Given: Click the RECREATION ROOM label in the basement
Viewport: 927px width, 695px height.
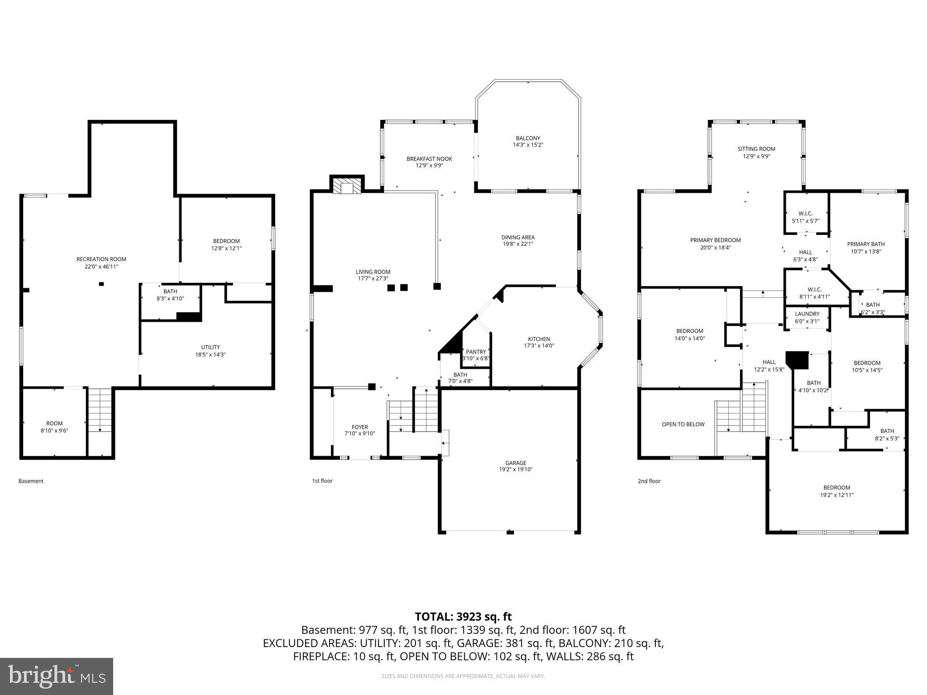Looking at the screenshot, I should (101, 259).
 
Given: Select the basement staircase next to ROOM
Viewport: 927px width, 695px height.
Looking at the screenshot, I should (100, 409).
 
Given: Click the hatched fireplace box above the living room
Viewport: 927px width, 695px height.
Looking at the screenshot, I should (347, 186).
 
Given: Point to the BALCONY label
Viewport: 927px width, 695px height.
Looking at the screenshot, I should (528, 138).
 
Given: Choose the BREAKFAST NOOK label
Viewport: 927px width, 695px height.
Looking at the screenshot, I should (429, 159).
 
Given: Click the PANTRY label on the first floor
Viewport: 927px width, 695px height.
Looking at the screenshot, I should (476, 352).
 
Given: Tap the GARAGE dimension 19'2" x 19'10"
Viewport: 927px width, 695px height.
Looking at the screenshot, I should (516, 469).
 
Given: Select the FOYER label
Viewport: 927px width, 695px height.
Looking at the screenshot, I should (360, 427).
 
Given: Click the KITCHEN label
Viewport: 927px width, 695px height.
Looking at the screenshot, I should (539, 339).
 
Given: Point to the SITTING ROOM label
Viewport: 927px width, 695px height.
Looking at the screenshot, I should (756, 149).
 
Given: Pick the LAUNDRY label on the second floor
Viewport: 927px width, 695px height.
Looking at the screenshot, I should (807, 314).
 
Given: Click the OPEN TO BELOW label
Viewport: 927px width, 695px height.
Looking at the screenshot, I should (683, 424).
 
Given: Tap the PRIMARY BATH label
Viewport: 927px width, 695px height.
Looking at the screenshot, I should (865, 244).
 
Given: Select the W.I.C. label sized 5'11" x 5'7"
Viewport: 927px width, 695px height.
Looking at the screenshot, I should (805, 214).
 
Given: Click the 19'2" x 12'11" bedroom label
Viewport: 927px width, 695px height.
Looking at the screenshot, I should (836, 495).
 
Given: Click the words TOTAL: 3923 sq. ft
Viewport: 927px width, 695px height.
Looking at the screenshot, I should (463, 616).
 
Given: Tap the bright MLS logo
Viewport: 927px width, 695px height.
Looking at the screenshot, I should (57, 676).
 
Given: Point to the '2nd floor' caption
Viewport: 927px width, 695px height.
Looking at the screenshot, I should (649, 481).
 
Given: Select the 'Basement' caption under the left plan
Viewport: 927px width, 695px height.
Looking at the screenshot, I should (31, 481).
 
